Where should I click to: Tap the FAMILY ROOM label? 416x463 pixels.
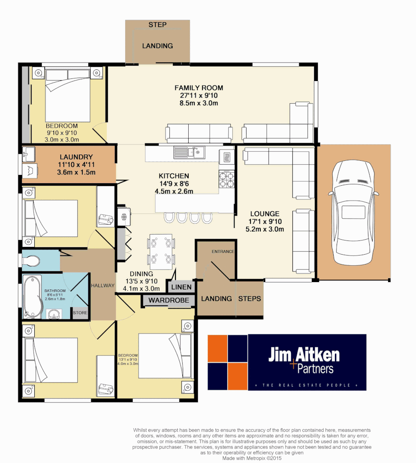click(x=199, y=88)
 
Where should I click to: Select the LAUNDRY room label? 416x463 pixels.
click(x=76, y=157)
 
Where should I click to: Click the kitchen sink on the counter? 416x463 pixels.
click(x=189, y=152)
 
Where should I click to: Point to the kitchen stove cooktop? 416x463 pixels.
click(x=226, y=179)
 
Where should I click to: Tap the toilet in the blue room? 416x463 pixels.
click(x=32, y=260)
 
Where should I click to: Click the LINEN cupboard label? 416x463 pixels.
click(x=181, y=286)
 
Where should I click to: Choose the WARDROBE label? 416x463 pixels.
click(x=169, y=301)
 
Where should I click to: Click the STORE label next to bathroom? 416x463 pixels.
click(x=80, y=313)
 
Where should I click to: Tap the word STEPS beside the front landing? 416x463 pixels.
click(x=250, y=298)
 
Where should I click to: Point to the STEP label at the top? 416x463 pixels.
click(x=157, y=25)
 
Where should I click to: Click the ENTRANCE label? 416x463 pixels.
click(x=223, y=251)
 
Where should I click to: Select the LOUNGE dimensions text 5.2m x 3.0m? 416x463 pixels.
click(x=265, y=229)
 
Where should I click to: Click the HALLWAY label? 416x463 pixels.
click(x=103, y=286)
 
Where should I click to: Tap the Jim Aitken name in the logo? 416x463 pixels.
click(x=304, y=355)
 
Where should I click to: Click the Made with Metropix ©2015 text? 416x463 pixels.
click(x=252, y=458)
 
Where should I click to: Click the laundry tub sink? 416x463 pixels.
click(x=30, y=153)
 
